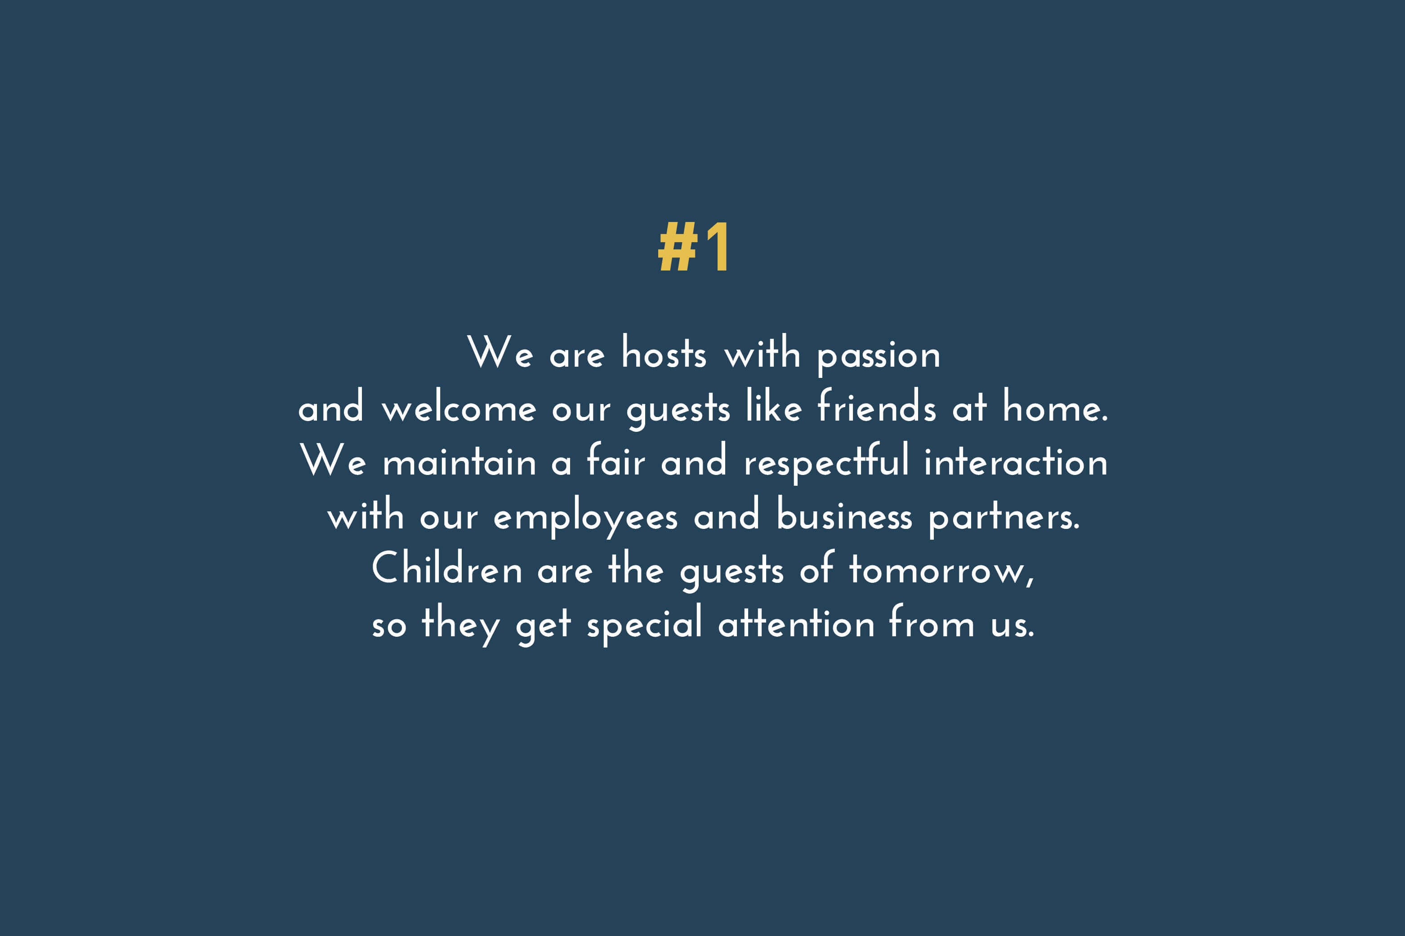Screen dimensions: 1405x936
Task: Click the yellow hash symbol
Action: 678,247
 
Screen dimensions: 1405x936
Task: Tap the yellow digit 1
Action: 718,247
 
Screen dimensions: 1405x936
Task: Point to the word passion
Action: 879,356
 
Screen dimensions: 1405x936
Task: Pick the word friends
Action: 877,405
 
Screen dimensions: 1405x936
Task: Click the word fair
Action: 615,459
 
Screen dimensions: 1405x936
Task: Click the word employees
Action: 586,517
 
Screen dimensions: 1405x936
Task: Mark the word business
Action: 844,513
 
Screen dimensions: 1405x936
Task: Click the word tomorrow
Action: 941,570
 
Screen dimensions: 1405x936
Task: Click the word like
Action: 774,405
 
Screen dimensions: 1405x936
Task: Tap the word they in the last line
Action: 460,625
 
